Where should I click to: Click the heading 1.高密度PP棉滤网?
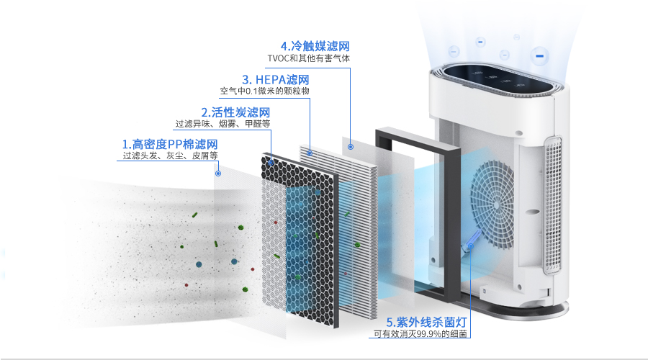(x=169, y=143)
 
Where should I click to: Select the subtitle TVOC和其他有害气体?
(x=309, y=58)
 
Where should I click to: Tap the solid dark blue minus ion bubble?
(x=539, y=55)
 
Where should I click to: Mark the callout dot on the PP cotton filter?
(x=218, y=174)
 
